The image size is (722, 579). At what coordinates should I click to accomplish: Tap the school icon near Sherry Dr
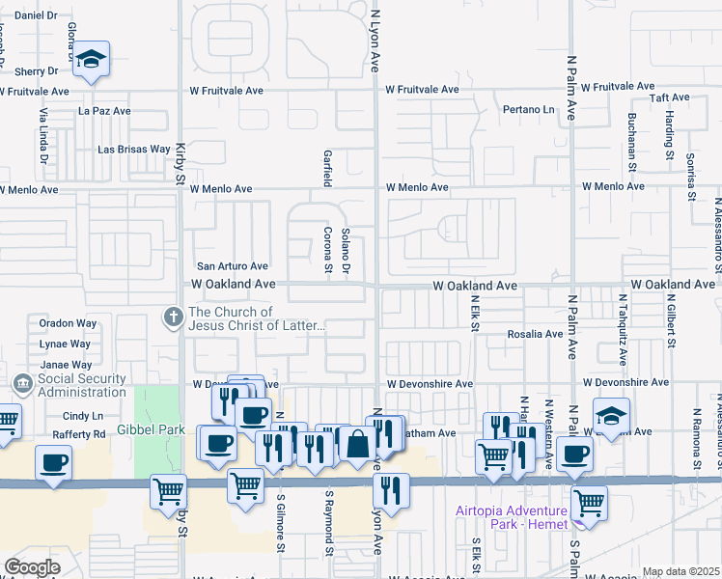click(91, 60)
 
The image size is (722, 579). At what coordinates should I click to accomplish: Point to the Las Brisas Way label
click(134, 150)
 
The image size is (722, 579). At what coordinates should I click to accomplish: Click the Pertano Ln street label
click(529, 109)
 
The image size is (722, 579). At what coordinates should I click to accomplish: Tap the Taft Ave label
click(669, 97)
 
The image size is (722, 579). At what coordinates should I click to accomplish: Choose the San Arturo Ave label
click(232, 265)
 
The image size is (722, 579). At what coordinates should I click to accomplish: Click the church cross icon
click(173, 317)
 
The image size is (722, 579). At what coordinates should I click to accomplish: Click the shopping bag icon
click(357, 444)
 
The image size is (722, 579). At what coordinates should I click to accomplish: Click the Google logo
click(32, 566)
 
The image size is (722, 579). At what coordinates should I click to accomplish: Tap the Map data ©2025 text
click(680, 571)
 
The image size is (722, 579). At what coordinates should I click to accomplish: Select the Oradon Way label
click(62, 323)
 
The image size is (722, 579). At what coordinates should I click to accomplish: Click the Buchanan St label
click(632, 135)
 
